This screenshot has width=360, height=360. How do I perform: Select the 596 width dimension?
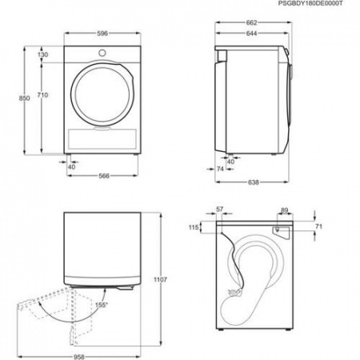point(98,34)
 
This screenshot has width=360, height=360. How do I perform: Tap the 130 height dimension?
point(43,54)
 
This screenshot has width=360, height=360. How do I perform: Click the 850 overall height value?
point(25,98)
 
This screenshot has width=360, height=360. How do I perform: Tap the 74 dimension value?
point(221,169)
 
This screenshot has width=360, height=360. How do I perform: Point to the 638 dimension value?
point(252,182)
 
